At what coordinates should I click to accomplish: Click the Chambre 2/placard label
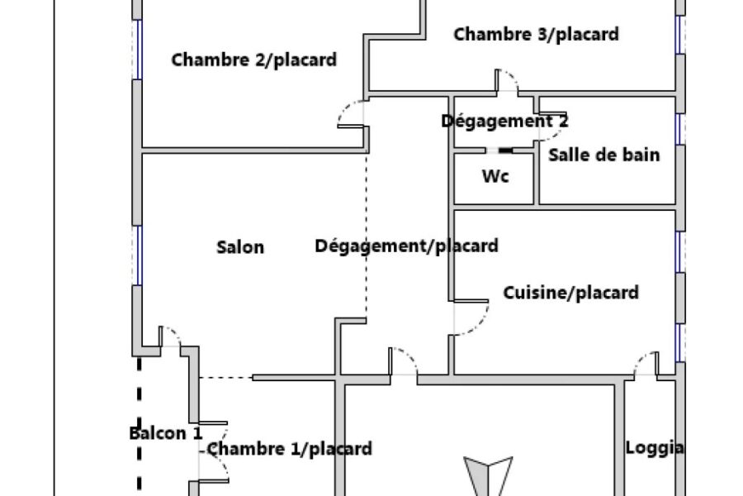click(x=254, y=60)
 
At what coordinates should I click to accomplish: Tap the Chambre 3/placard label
click(x=536, y=34)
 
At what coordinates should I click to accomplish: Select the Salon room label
click(x=240, y=247)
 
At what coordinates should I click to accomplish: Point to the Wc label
click(x=495, y=176)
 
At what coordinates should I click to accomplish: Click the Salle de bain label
click(x=603, y=155)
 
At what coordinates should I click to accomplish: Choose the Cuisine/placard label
click(x=570, y=293)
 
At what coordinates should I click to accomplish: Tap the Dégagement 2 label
click(x=504, y=121)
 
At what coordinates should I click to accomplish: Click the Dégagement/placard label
click(x=406, y=246)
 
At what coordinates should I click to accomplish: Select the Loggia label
click(x=655, y=447)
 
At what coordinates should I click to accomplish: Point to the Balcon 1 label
click(x=166, y=433)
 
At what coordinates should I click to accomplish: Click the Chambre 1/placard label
click(x=290, y=449)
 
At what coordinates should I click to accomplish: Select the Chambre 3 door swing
click(x=508, y=79)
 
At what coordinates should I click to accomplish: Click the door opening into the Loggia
click(x=646, y=363)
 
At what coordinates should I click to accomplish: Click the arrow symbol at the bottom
click(x=488, y=475)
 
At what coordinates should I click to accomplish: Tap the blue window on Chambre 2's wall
click(x=137, y=49)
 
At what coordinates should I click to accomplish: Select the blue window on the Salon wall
click(x=137, y=255)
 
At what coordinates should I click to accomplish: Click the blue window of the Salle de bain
click(x=680, y=129)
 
